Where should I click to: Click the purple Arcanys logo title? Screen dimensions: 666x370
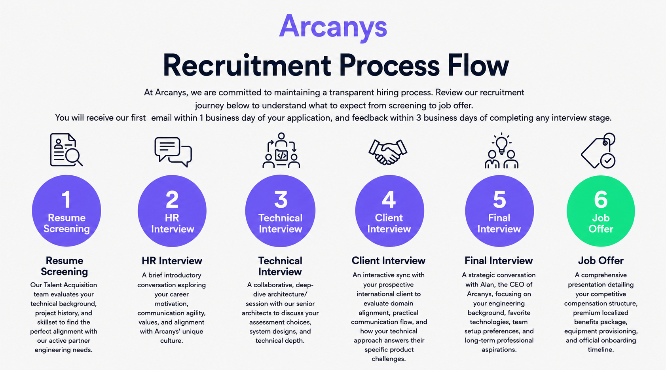333,27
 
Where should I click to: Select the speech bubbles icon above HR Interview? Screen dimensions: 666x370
173,152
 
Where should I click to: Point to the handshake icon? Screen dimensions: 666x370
388,152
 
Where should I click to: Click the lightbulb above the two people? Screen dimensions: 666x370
502,143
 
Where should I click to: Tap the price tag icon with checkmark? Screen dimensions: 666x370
598,150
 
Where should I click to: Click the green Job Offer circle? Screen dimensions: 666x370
601,211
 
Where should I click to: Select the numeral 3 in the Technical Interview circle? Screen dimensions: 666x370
281,199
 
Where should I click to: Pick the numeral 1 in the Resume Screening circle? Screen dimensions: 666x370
66,199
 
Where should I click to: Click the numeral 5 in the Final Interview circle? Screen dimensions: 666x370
499,199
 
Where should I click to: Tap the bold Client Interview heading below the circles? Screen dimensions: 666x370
388,260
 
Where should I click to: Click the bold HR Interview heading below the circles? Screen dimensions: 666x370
172,261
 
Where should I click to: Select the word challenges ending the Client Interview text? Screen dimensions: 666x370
389,359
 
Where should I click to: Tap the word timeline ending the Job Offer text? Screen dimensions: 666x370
601,349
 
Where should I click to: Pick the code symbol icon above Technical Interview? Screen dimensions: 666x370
281,155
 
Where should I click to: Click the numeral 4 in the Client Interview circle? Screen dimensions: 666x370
389,199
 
